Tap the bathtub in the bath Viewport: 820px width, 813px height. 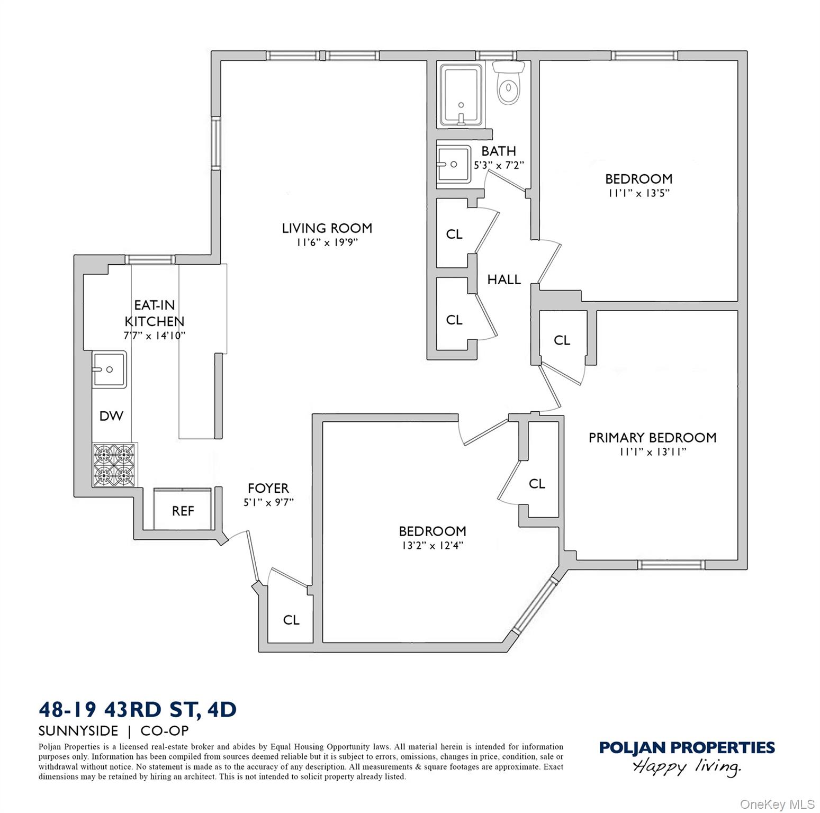point(460,95)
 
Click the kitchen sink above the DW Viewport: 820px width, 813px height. point(110,369)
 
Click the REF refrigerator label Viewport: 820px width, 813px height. point(183,511)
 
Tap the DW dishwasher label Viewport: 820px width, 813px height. point(111,416)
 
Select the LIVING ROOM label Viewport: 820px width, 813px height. point(327,228)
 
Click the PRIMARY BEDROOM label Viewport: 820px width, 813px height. point(652,438)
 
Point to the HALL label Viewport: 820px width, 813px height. point(504,279)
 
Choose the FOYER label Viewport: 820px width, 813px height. point(268,488)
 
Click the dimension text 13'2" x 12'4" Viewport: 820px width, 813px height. point(432,546)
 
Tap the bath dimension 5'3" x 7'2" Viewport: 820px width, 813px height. point(499,165)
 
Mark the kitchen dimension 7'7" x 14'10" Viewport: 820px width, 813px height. point(155,336)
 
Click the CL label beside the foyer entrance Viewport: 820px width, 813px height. point(291,620)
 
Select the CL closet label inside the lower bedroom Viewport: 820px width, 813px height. point(537,484)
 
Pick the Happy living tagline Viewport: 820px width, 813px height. point(687,767)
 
